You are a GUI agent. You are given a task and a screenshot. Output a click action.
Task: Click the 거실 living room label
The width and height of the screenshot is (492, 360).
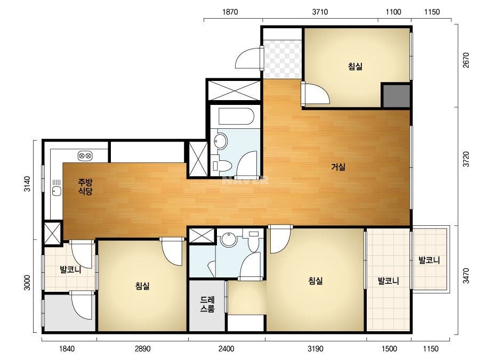click(338, 167)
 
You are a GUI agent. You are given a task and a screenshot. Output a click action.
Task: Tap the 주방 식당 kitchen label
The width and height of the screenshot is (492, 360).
click(85, 186)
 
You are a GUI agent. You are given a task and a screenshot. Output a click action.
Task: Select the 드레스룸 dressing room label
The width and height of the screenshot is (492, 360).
click(207, 304)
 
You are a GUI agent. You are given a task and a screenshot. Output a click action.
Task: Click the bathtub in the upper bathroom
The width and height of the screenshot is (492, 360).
click(236, 117)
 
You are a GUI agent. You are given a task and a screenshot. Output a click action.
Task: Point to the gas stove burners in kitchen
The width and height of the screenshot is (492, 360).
click(85, 155)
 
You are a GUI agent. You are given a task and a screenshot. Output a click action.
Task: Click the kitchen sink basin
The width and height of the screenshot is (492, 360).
click(57, 191)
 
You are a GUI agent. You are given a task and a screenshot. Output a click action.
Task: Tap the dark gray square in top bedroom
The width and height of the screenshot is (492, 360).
click(396, 95)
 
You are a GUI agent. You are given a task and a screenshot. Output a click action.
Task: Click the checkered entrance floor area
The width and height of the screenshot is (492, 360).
click(283, 59)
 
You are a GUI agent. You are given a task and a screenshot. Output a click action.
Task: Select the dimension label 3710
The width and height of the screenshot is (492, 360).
click(320, 12)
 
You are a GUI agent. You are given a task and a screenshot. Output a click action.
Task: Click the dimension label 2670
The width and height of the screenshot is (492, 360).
click(466, 60)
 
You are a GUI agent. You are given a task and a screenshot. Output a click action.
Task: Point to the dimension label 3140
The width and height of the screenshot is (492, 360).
click(27, 184)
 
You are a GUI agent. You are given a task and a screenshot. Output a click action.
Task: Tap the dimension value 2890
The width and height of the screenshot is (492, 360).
click(142, 349)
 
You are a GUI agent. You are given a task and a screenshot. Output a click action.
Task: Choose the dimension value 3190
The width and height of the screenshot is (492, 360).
click(316, 349)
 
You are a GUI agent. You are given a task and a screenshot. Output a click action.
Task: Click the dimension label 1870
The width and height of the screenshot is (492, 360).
click(230, 12)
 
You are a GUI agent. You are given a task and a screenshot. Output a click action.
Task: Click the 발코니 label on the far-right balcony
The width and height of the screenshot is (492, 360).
click(429, 260)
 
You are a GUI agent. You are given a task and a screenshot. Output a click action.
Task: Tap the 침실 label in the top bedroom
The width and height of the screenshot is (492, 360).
click(355, 67)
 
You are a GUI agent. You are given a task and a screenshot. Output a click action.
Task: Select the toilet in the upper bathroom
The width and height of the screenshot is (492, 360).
click(222, 165)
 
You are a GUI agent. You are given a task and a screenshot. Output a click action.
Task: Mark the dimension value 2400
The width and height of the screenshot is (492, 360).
click(226, 349)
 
